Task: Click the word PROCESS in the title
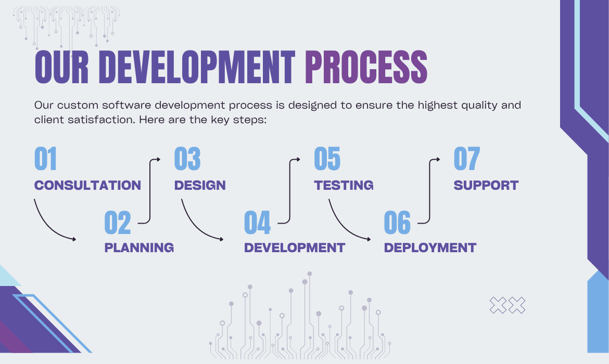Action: pyautogui.click(x=366, y=67)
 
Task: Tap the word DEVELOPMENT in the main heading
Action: pyautogui.click(x=197, y=67)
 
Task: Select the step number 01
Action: pyautogui.click(x=45, y=159)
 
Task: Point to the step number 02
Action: pyautogui.click(x=117, y=223)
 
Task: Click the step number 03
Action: pyautogui.click(x=187, y=159)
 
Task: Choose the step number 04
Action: pyautogui.click(x=257, y=223)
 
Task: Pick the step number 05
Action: pyautogui.click(x=327, y=159)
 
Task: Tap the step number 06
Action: pyautogui.click(x=397, y=223)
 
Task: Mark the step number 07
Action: pyautogui.click(x=467, y=159)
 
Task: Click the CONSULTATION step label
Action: pyautogui.click(x=87, y=185)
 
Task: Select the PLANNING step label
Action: pyautogui.click(x=139, y=248)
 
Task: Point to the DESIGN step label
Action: pyautogui.click(x=200, y=185)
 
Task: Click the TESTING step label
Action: pyautogui.click(x=344, y=185)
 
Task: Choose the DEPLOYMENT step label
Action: pyautogui.click(x=430, y=248)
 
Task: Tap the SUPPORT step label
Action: pyautogui.click(x=486, y=185)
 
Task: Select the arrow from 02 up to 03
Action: pyautogui.click(x=150, y=190)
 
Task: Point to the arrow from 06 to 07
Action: pyautogui.click(x=429, y=190)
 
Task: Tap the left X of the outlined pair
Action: pyautogui.click(x=498, y=305)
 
